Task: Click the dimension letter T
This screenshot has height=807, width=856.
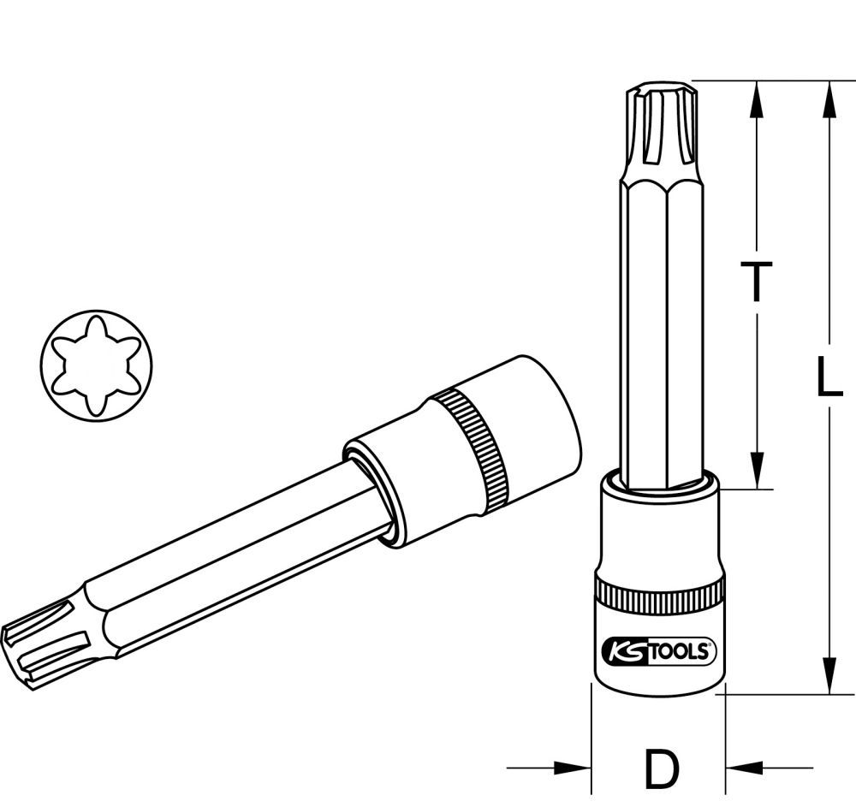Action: point(755,282)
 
